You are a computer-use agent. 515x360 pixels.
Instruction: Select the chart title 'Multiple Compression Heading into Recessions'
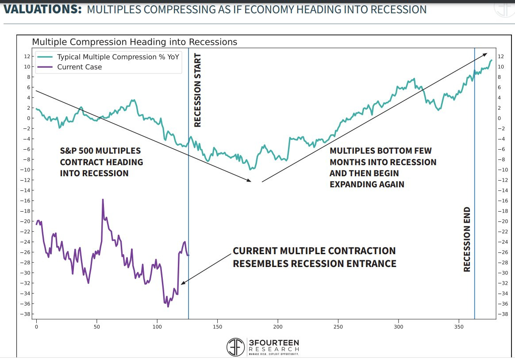[135, 42]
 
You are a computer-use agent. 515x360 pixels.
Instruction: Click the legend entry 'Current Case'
[80, 67]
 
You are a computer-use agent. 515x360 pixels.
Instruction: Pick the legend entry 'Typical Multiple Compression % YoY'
[117, 57]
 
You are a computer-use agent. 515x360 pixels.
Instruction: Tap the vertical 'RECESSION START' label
[198, 90]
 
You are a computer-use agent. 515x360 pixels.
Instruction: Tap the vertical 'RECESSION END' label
[467, 239]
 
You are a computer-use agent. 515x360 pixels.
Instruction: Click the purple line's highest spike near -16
[103, 200]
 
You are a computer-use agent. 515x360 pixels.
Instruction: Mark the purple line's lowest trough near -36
[168, 306]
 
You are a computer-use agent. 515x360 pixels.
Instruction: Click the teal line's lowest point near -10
[250, 169]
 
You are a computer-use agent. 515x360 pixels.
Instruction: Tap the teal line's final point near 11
[492, 60]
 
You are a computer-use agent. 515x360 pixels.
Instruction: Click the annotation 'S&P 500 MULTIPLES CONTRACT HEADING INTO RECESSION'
[101, 162]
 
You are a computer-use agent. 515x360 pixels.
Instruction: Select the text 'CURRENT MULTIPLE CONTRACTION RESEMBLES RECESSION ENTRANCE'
[314, 257]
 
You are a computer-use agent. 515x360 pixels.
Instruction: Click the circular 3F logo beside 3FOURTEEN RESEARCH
[235, 347]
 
